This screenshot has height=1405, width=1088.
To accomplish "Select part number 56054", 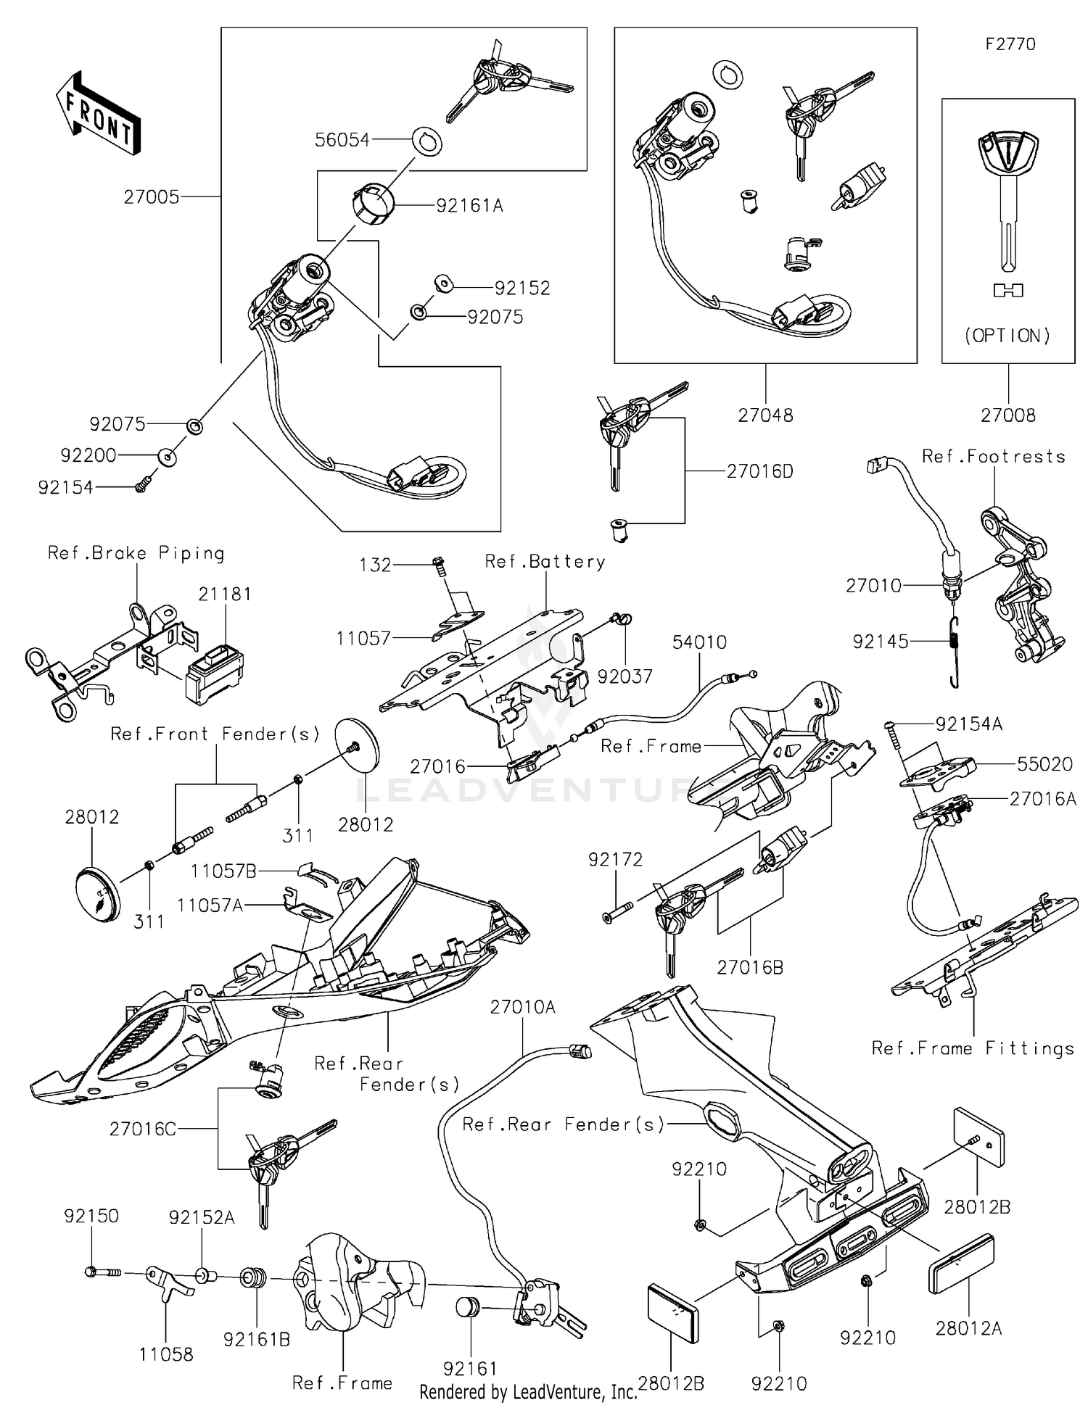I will (342, 140).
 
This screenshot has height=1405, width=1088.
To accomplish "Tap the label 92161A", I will (469, 206).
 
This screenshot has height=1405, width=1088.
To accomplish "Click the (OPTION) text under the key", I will (1007, 336).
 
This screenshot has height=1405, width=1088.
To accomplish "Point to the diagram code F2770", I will (1010, 44).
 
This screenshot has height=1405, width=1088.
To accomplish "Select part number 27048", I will (765, 415).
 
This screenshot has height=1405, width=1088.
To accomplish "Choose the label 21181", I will (225, 594).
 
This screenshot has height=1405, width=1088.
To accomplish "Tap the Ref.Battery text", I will (545, 562).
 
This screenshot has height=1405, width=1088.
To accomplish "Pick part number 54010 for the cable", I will (699, 642).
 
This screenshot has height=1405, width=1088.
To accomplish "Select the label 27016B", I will (750, 967).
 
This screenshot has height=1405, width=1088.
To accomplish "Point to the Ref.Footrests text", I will (993, 457).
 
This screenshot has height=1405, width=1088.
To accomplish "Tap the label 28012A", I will (968, 1328).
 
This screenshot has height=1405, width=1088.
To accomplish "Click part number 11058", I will (166, 1354).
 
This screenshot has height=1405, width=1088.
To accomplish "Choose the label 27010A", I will (522, 1006).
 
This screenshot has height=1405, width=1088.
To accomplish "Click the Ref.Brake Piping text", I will (136, 553).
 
